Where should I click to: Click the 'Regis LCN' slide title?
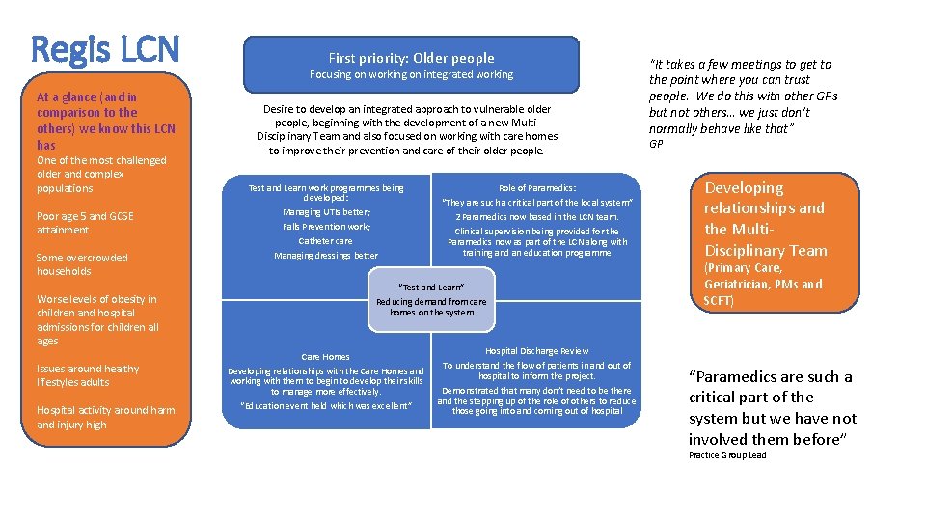(104, 48)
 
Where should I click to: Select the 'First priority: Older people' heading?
(411, 58)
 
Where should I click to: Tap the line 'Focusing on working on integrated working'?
(411, 74)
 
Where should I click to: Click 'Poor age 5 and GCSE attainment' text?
(85, 223)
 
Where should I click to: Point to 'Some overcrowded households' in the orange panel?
(82, 264)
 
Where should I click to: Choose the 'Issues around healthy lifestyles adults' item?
(88, 375)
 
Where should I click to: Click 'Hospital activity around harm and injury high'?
(106, 418)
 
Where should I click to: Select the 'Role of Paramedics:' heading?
(537, 188)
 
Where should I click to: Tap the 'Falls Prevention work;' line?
(326, 226)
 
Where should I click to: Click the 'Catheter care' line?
(326, 240)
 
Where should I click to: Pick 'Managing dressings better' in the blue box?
(326, 256)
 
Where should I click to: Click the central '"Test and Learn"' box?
(431, 299)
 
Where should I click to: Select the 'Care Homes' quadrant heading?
(326, 357)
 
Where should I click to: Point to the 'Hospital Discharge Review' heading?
(536, 351)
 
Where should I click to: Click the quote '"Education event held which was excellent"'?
(326, 406)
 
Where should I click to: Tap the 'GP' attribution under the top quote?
(656, 144)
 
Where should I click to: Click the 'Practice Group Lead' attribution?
(727, 455)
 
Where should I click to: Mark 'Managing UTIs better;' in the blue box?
(326, 211)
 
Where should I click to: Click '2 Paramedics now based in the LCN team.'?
(537, 217)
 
